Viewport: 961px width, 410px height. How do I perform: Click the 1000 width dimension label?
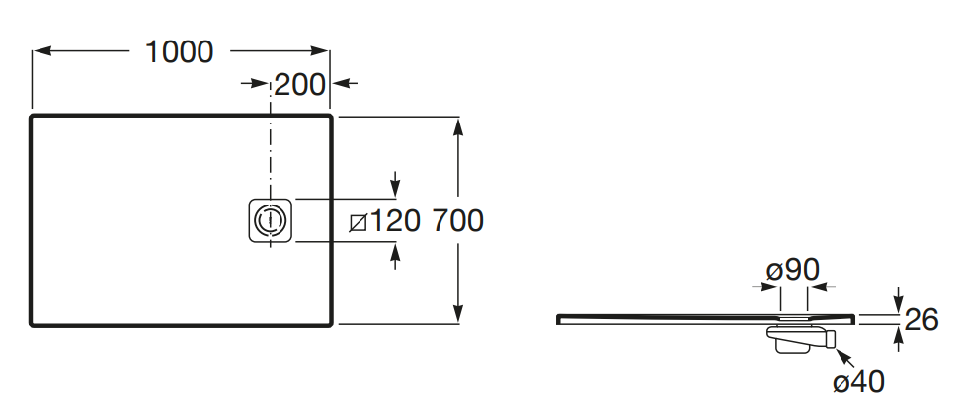pos(180,51)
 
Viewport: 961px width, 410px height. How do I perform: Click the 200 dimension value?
pos(299,85)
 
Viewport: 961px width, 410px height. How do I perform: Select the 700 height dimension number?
pos(457,220)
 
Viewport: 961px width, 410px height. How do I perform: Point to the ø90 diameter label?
pos(793,269)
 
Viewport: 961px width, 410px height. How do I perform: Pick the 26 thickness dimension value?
pos(921,320)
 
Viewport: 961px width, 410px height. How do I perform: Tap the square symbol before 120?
pos(360,221)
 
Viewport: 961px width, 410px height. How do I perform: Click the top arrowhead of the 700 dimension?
pos(458,123)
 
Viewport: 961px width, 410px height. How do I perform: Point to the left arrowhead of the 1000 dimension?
pos(40,52)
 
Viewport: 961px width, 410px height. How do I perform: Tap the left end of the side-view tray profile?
pos(561,318)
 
